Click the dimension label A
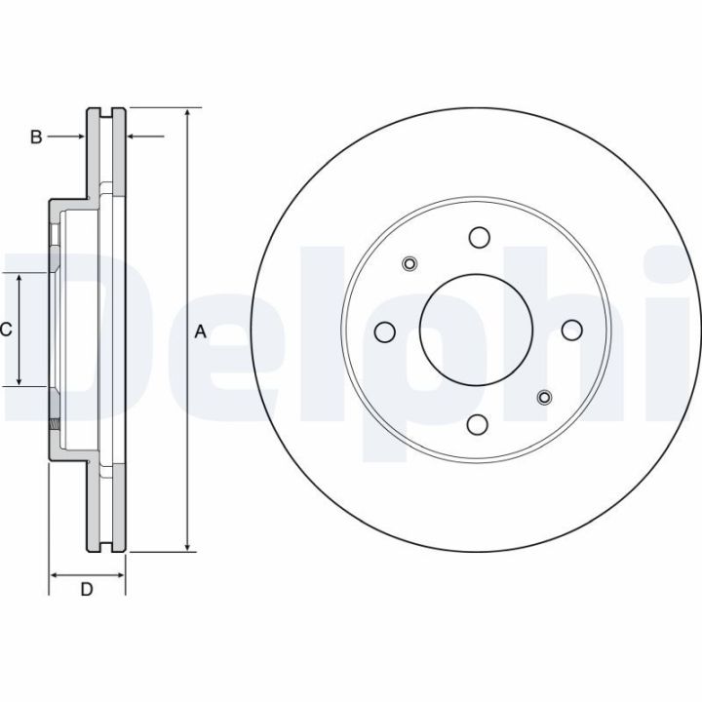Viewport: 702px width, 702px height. (201, 331)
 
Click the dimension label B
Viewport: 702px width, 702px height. (36, 136)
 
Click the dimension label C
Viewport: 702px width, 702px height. (6, 330)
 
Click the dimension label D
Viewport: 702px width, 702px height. (87, 589)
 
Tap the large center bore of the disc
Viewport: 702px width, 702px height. (477, 330)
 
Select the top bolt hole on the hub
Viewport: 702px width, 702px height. (479, 237)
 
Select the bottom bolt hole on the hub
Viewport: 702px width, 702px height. (477, 423)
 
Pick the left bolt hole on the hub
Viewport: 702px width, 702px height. (384, 331)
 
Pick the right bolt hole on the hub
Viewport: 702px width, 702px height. (571, 330)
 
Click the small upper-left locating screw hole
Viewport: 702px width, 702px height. (409, 263)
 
